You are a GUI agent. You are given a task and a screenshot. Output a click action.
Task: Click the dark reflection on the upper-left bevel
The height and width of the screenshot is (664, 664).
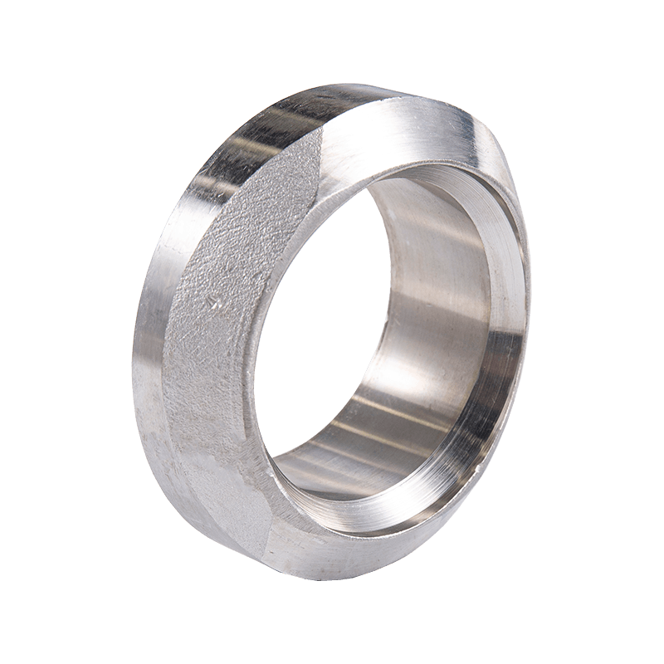[249, 141]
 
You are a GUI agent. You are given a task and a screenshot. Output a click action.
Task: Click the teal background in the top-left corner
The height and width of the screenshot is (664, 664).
[33, 33]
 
